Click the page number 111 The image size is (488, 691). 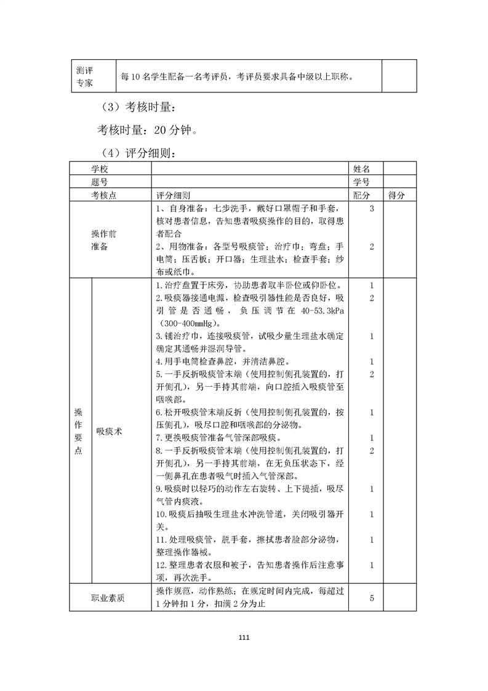[244, 637]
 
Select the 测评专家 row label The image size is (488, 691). [85, 76]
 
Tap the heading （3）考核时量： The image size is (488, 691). [138, 107]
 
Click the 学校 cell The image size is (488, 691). [100, 168]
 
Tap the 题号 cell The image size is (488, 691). [100, 182]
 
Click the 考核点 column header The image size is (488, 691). [104, 195]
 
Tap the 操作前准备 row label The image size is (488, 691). [104, 240]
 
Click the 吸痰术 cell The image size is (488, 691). [109, 432]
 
